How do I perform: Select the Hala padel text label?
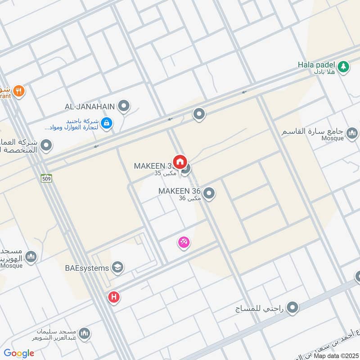point(317,64)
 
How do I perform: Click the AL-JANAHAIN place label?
point(90,107)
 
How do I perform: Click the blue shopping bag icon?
point(107,123)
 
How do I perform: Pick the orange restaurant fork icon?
point(18,91)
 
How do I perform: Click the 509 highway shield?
point(46,178)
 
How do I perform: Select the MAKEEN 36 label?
point(179,191)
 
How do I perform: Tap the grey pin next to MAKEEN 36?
point(208,194)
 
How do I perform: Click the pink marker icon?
point(184,243)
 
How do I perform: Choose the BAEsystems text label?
point(87,268)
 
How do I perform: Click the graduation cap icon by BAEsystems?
point(118,267)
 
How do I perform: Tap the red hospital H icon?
point(114,297)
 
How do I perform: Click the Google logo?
point(19,353)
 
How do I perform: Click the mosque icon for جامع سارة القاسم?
point(352,132)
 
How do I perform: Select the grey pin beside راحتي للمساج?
point(293,308)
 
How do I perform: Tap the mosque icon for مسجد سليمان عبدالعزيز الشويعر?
point(84,333)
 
